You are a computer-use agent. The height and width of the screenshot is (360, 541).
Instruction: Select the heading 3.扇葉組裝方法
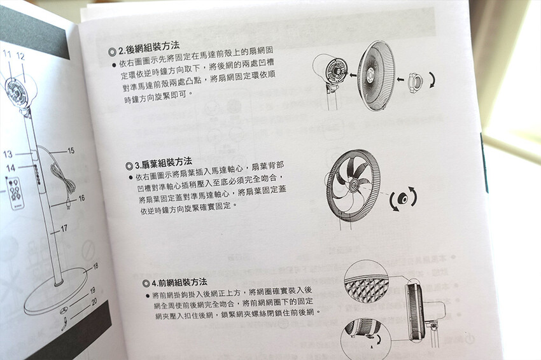click(x=163, y=163)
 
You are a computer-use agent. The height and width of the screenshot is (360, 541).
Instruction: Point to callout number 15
click(x=71, y=150)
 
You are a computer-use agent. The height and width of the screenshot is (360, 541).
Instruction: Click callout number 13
click(x=8, y=154)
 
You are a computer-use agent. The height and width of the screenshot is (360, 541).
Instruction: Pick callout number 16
click(x=81, y=198)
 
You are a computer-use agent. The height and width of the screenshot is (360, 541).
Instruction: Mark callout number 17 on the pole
click(x=64, y=228)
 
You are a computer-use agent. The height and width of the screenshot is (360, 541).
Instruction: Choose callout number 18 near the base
click(x=95, y=266)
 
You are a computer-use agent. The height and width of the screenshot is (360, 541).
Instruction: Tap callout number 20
click(x=94, y=302)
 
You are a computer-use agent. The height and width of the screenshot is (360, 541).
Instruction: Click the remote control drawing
click(x=15, y=193)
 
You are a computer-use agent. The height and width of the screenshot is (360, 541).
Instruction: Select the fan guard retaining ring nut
click(x=415, y=83)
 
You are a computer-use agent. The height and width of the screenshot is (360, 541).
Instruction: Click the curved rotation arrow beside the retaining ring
click(x=433, y=80)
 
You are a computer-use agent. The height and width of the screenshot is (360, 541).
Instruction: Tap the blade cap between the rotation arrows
click(x=403, y=199)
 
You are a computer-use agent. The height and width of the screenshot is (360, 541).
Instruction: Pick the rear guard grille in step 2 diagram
click(x=376, y=75)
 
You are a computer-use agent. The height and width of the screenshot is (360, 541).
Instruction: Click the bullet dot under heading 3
click(x=130, y=177)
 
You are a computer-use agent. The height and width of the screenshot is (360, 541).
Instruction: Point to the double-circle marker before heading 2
click(x=112, y=52)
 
